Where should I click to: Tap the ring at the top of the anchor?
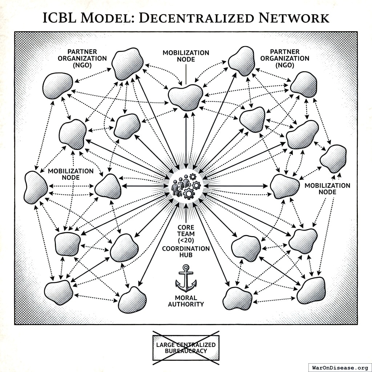pos(186,267)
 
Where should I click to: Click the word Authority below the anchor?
pos(186,304)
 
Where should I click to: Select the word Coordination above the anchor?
pos(186,249)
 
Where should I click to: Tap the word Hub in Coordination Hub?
pos(186,255)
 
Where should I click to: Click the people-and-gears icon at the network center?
pos(186,186)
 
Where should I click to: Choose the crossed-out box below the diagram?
pos(186,348)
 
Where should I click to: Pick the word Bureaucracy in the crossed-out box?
pos(186,351)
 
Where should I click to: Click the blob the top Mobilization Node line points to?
pos(186,97)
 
